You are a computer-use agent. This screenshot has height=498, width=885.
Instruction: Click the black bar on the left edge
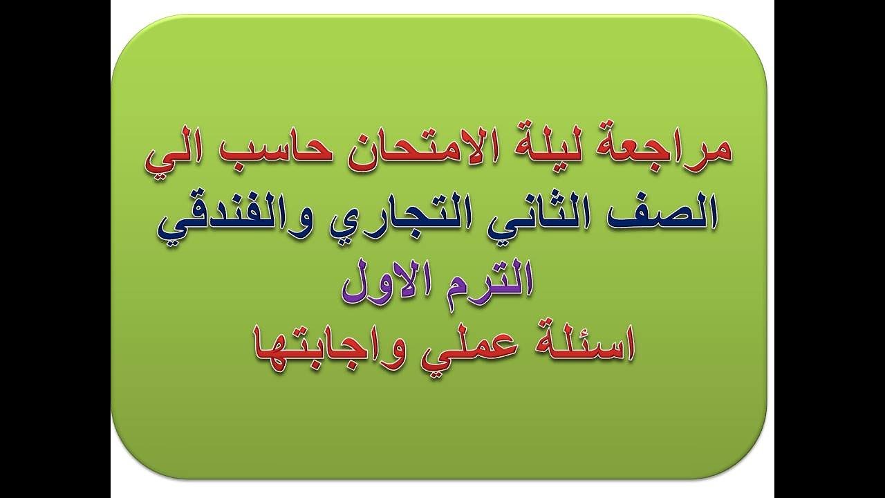tap(55, 249)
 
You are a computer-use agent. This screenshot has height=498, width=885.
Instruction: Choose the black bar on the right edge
tap(829, 249)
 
